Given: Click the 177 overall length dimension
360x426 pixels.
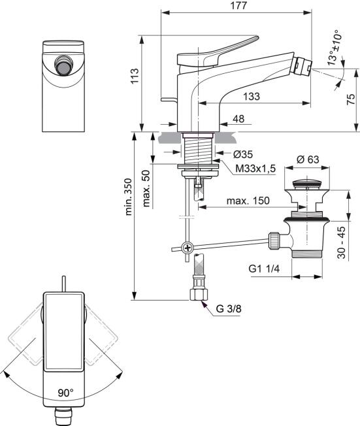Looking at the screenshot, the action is coord(239,6).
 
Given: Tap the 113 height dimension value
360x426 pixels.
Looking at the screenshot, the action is coord(135,76).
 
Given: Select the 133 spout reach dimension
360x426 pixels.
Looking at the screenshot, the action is coord(252,97).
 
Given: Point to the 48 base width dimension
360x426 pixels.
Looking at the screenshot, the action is coord(238,119).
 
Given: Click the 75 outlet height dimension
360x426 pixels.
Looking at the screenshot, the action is coord(351,99).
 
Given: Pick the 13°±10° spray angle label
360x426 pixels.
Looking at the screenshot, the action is coord(333,48).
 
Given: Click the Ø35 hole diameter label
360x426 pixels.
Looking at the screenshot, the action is coord(243,154).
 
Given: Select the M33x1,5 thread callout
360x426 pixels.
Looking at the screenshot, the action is coord(255,169).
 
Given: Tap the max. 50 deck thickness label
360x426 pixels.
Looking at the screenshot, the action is coord(146,189).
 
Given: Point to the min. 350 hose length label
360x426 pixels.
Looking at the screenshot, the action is coord(128,197).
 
